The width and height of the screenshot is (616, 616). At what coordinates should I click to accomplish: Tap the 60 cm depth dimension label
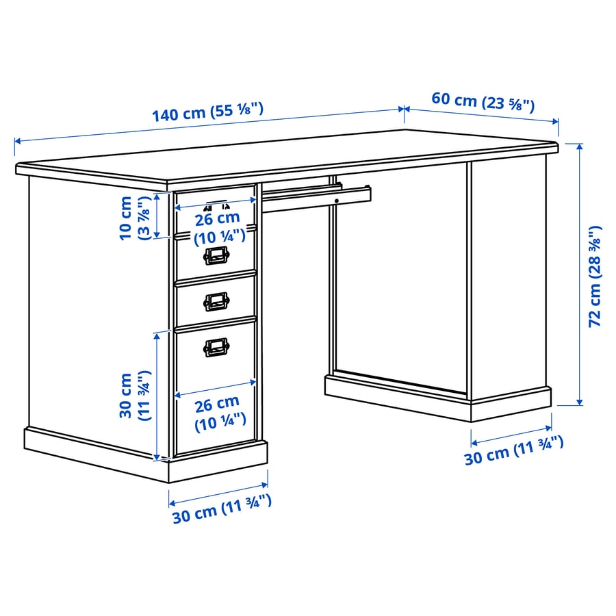[483, 101]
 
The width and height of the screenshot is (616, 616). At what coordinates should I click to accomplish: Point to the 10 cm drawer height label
[133, 218]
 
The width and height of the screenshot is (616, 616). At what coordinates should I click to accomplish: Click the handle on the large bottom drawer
[216, 348]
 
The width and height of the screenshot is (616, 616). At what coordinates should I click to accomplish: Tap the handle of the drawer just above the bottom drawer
[216, 300]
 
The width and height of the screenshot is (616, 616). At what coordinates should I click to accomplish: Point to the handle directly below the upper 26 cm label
[216, 256]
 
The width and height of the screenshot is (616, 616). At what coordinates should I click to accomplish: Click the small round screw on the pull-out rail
[337, 200]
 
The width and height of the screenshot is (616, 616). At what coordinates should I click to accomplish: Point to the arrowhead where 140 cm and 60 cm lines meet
[405, 109]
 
